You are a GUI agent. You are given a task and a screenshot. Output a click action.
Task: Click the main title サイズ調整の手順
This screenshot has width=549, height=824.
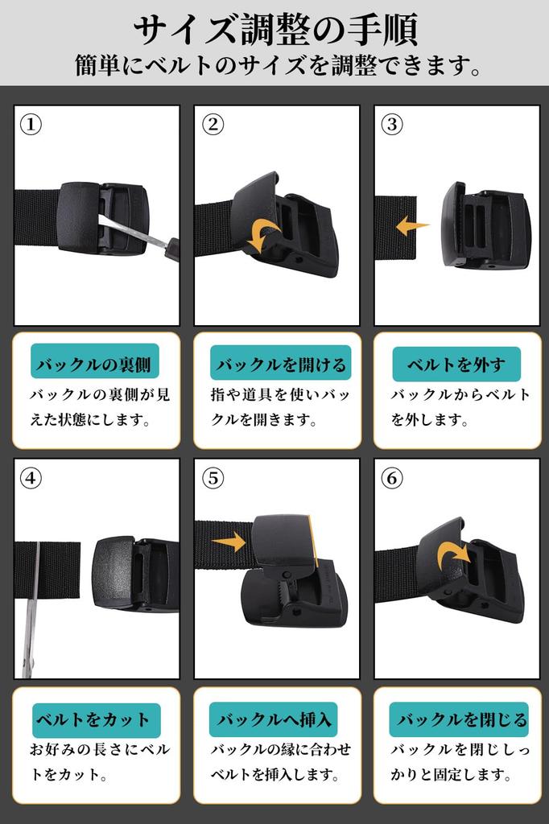275,29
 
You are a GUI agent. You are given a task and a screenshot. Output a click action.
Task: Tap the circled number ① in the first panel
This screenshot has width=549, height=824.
31,125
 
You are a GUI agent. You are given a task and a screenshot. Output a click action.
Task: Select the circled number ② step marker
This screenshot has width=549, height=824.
213,125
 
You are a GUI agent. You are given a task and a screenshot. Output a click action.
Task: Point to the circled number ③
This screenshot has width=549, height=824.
392,125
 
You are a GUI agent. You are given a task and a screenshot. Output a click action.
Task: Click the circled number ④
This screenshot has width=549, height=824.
31,479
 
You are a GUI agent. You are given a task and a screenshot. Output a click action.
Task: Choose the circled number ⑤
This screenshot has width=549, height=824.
213,479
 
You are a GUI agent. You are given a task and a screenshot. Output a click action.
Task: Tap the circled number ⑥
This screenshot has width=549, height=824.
392,479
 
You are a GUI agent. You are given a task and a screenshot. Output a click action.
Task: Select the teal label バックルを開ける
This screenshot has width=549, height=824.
279,365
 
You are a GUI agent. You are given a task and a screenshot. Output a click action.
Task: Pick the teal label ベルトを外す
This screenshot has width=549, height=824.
456,365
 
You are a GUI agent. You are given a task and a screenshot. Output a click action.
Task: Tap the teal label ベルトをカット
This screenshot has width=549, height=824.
92,719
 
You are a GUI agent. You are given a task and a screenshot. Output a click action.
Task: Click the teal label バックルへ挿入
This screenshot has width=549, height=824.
273,719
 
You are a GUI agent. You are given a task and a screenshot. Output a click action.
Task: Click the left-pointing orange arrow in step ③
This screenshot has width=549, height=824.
412,226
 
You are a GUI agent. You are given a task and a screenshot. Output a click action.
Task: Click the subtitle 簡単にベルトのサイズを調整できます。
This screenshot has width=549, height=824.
275,65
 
